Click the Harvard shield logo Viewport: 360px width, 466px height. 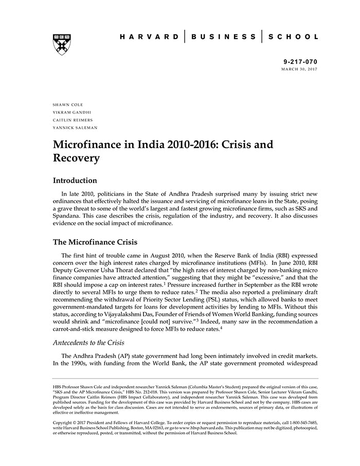point(62,44)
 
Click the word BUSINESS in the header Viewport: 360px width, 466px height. point(223,37)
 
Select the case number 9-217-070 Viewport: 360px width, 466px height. point(300,61)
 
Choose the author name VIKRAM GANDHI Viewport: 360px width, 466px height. point(71,112)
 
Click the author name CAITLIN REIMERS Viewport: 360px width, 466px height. point(73,120)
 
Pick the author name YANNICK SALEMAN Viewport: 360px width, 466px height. point(75,128)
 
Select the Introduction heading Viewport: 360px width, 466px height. point(75,181)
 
